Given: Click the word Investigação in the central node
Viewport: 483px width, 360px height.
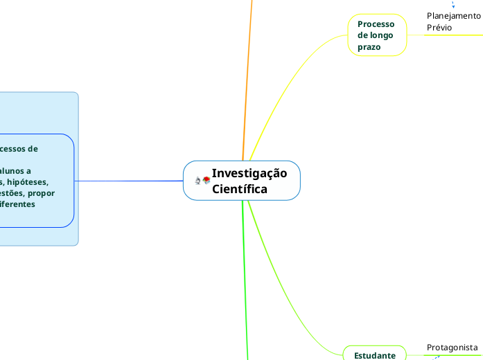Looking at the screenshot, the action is tap(249, 173).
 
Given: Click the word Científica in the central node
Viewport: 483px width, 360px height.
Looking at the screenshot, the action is tap(240, 188).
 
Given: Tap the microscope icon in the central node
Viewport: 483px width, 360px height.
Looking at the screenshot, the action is tap(197, 181).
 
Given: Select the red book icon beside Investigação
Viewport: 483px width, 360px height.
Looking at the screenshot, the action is tap(207, 180).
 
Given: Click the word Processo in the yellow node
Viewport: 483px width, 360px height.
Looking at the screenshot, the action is tap(376, 24).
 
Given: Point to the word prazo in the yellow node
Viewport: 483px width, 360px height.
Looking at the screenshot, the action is tap(369, 47).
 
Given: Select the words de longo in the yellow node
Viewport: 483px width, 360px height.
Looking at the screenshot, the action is tap(375, 35).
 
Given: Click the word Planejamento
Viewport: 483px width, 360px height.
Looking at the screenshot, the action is tap(453, 15).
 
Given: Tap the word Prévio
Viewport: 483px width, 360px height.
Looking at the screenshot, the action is tap(439, 28).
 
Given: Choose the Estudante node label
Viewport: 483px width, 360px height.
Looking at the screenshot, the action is tap(375, 355).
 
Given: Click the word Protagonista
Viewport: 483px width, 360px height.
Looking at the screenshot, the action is tap(452, 347).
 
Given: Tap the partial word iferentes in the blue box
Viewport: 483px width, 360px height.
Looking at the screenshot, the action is tap(17, 205).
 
